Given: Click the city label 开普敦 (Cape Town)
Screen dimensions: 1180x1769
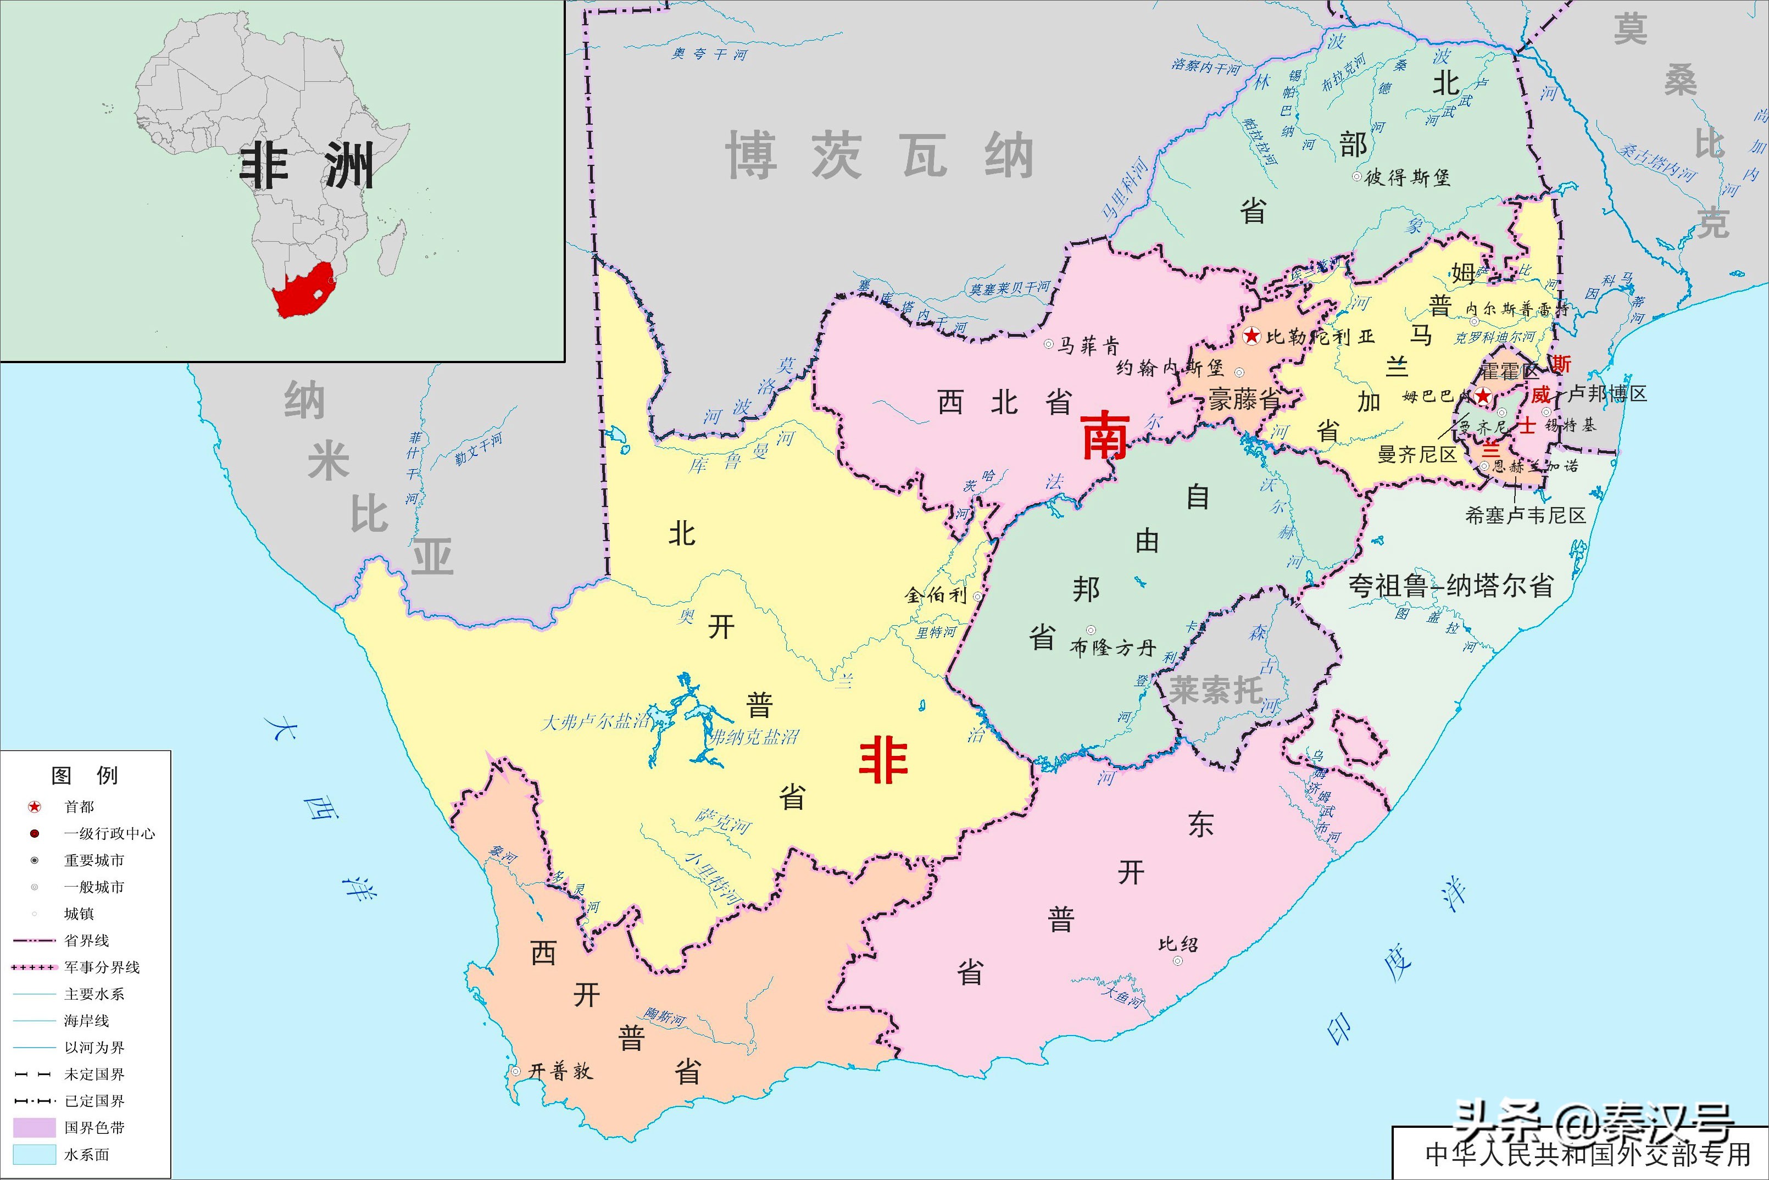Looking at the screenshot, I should (x=560, y=1071).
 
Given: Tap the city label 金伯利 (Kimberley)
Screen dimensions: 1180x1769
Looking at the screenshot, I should (x=935, y=595).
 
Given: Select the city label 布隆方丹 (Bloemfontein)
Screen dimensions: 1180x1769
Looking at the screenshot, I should (x=1112, y=647).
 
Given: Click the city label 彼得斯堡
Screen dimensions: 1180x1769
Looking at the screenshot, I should (x=1407, y=177).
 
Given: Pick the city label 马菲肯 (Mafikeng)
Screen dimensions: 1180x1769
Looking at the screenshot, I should (x=1088, y=346).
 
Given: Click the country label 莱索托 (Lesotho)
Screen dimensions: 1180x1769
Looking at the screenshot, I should (x=1215, y=689).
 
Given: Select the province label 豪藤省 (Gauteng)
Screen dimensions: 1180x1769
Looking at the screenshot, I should (x=1245, y=399).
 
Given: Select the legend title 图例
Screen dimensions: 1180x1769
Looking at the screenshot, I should (x=84, y=775).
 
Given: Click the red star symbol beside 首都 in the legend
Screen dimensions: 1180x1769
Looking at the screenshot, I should (x=35, y=807).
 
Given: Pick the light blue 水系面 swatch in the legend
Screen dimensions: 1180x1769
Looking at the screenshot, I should (x=35, y=1154).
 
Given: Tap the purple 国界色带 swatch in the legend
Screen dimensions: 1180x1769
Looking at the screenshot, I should (x=35, y=1127).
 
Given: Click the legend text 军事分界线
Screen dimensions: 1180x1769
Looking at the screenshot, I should (x=102, y=967).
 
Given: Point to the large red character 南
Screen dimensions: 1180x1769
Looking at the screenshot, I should (x=1105, y=437).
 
